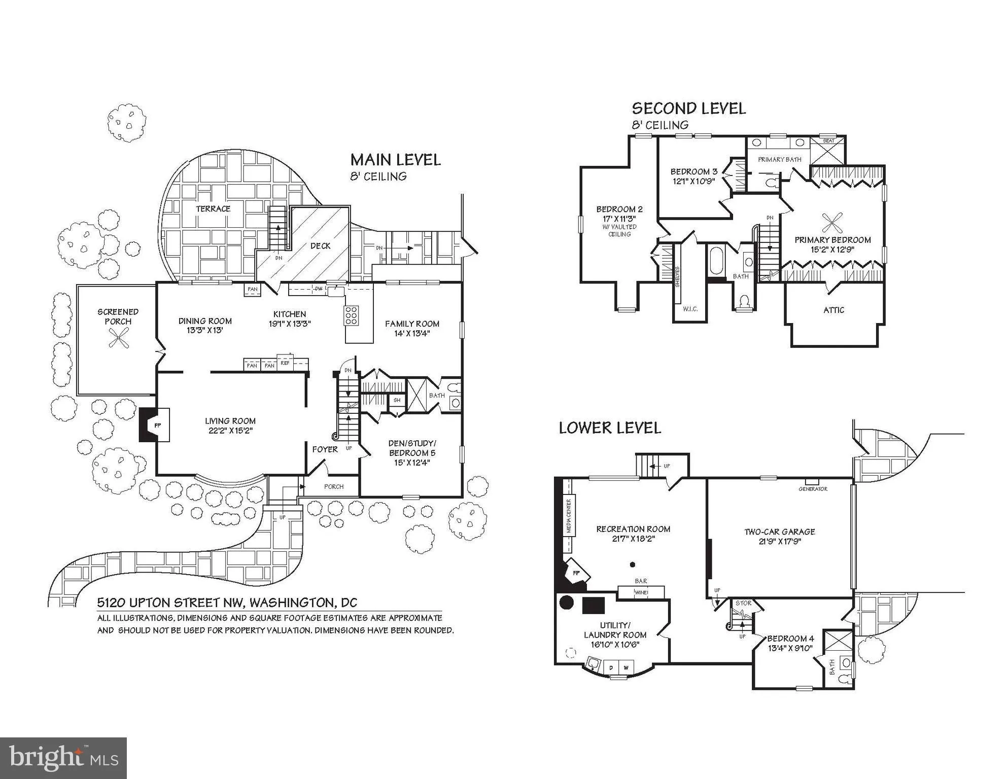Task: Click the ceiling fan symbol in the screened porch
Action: pyautogui.click(x=119, y=338)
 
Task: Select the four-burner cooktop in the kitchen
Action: pyautogui.click(x=351, y=315)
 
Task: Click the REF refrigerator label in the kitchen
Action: pyautogui.click(x=285, y=363)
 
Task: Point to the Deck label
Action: pyautogui.click(x=320, y=246)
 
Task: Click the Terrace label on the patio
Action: pyautogui.click(x=213, y=209)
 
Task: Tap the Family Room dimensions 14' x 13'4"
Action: pyautogui.click(x=412, y=333)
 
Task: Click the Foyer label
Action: pyautogui.click(x=325, y=449)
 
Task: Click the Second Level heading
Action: pyautogui.click(x=688, y=109)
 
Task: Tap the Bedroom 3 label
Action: pyautogui.click(x=693, y=171)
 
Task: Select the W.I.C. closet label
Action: pyautogui.click(x=690, y=308)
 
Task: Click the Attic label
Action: pyautogui.click(x=833, y=310)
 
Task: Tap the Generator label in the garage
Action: pyautogui.click(x=813, y=489)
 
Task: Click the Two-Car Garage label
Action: pyautogui.click(x=779, y=532)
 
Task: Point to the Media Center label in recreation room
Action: pyautogui.click(x=569, y=516)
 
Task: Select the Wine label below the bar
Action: pyautogui.click(x=641, y=592)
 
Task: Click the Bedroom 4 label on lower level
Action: pyautogui.click(x=790, y=639)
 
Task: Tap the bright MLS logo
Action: pyautogui.click(x=63, y=758)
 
